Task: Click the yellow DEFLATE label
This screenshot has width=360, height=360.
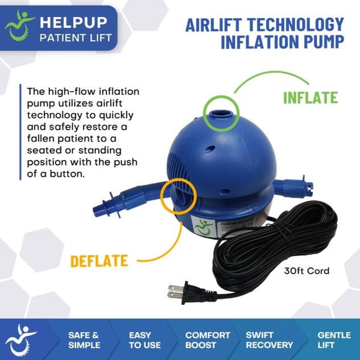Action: [99, 261]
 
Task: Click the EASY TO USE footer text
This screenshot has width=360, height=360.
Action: [144, 340]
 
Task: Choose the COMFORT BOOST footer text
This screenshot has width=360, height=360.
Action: [208, 340]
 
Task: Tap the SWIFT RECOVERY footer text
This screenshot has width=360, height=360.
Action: [269, 340]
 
